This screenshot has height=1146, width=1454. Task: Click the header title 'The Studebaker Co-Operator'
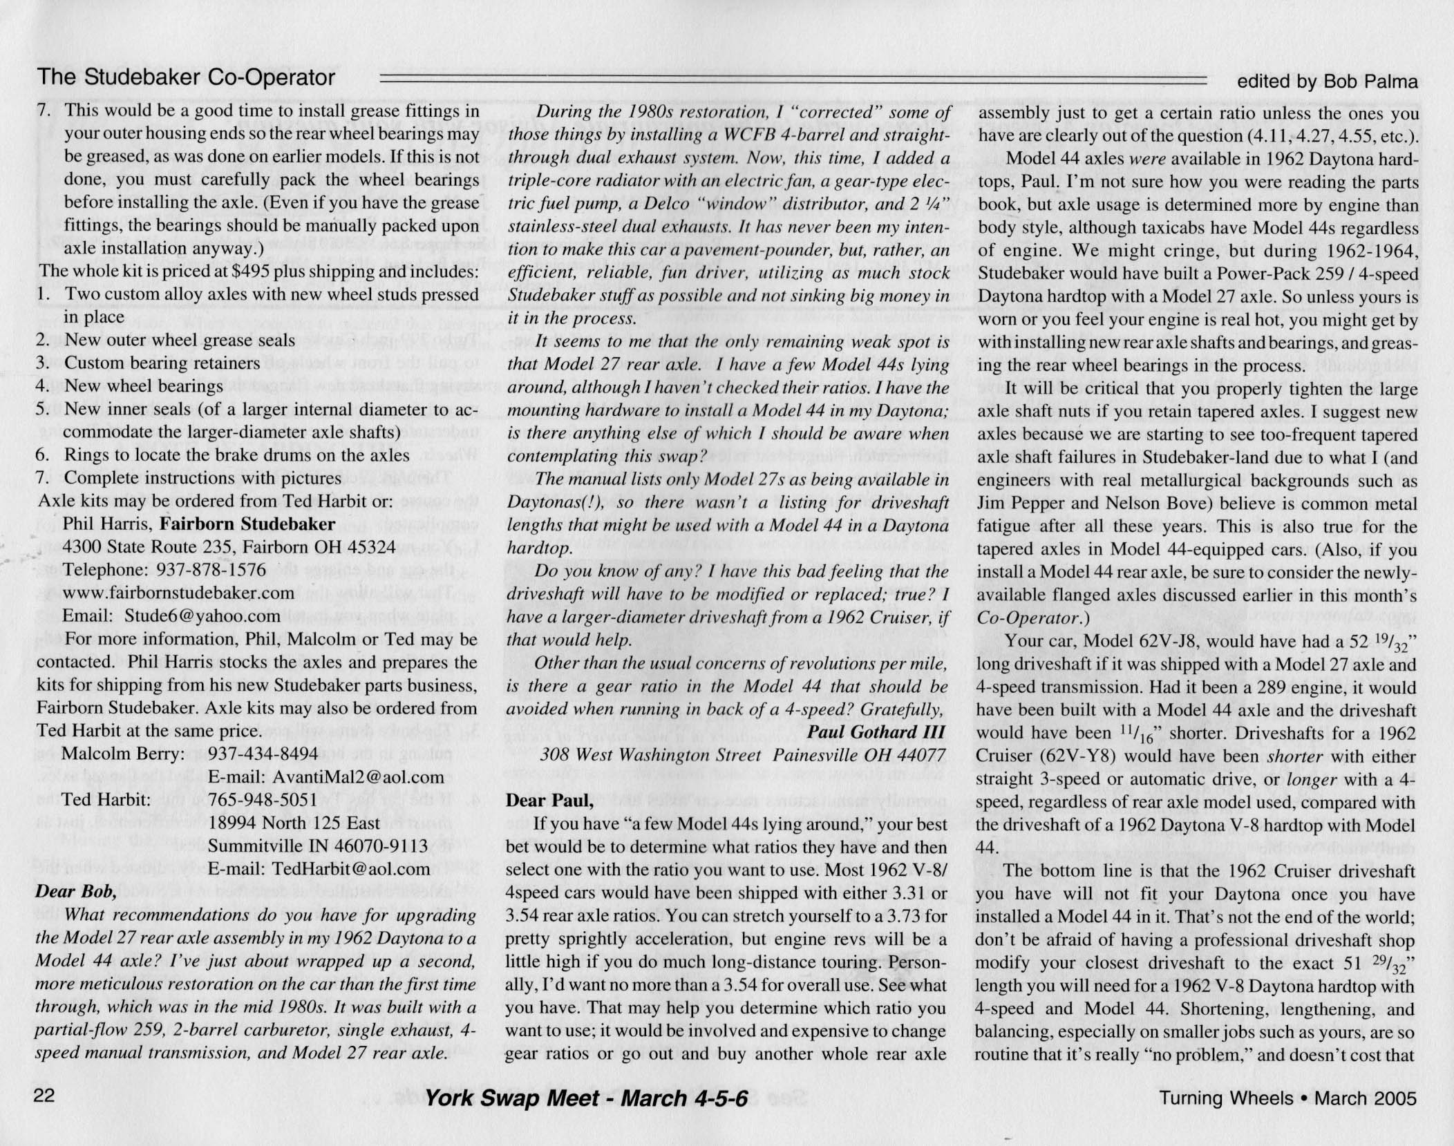186,77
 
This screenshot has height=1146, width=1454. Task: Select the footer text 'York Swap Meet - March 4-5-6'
586,1098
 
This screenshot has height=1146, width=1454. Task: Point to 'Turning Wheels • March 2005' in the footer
1288,1098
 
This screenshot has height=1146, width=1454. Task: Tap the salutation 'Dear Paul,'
549,801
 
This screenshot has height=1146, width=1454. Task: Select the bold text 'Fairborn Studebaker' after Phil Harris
247,524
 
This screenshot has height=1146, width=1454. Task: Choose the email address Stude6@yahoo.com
202,615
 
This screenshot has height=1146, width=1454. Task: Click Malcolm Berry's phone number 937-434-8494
263,754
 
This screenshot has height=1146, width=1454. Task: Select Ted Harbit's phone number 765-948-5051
263,800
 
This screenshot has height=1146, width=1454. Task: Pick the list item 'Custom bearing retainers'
162,363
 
